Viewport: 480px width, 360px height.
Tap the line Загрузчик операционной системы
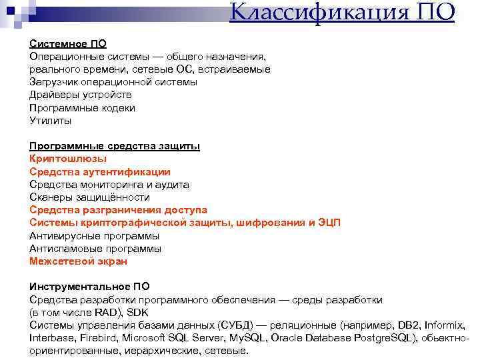tap(113, 82)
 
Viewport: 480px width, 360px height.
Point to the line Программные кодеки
tap(82, 107)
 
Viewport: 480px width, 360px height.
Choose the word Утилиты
tap(50, 121)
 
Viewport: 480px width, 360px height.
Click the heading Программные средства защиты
tap(115, 146)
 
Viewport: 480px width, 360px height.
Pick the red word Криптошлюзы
tap(68, 159)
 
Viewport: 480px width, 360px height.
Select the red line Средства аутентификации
tap(100, 171)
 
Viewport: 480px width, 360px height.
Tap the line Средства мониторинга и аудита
tap(109, 185)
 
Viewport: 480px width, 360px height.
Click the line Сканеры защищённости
tap(89, 197)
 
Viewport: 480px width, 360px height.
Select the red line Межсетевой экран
tap(78, 261)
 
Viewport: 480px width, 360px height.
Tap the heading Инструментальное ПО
tap(89, 287)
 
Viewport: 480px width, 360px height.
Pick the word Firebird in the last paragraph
tap(99, 338)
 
